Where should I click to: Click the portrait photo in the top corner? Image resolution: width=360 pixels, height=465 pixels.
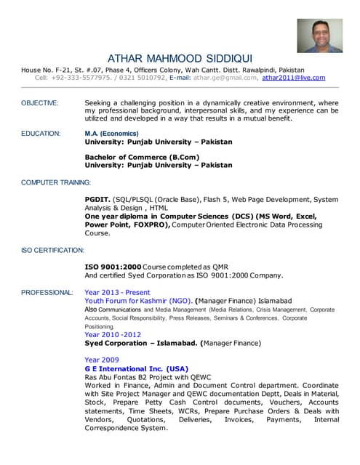pyautogui.click(x=319, y=36)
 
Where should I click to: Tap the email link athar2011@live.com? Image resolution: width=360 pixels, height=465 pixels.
pyautogui.click(x=294, y=78)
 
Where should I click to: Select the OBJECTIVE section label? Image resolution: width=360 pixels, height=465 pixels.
pyautogui.click(x=40, y=103)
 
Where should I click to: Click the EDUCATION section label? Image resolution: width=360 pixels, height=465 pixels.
pyautogui.click(x=40, y=134)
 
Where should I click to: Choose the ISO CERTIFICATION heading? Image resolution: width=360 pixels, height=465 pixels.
pyautogui.click(x=52, y=250)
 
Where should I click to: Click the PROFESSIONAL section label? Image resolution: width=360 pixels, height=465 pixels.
pyautogui.click(x=47, y=292)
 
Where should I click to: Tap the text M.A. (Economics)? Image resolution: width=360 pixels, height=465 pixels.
pyautogui.click(x=111, y=134)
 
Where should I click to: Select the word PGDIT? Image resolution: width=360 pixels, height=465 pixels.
pyautogui.click(x=98, y=199)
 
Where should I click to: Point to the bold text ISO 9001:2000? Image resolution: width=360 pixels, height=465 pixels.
pyautogui.click(x=113, y=267)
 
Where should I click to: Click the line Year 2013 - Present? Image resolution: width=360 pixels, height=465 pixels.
pyautogui.click(x=118, y=292)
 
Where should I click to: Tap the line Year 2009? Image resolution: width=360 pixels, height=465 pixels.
pyautogui.click(x=101, y=360)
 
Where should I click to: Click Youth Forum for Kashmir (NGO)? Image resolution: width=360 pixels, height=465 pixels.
pyautogui.click(x=139, y=300)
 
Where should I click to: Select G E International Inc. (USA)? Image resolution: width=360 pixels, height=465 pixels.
pyautogui.click(x=136, y=368)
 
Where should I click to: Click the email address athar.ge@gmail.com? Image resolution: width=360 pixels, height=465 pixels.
pyautogui.click(x=225, y=78)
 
